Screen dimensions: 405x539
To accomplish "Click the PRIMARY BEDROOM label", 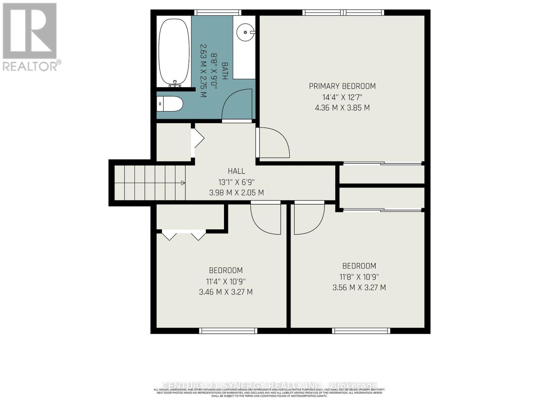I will (342, 86).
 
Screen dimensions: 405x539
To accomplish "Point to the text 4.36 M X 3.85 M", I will (342, 108).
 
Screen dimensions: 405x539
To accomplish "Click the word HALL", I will (236, 171).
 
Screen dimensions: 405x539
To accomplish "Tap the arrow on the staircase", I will (183, 183).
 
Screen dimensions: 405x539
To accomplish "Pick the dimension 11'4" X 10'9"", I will (226, 281).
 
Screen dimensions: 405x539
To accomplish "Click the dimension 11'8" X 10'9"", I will (359, 277).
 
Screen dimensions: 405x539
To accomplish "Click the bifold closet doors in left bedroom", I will (184, 235).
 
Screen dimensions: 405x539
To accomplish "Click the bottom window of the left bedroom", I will (228, 331).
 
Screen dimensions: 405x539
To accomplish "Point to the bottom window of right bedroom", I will (361, 331).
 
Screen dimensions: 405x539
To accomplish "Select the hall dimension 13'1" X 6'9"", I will (236, 182).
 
